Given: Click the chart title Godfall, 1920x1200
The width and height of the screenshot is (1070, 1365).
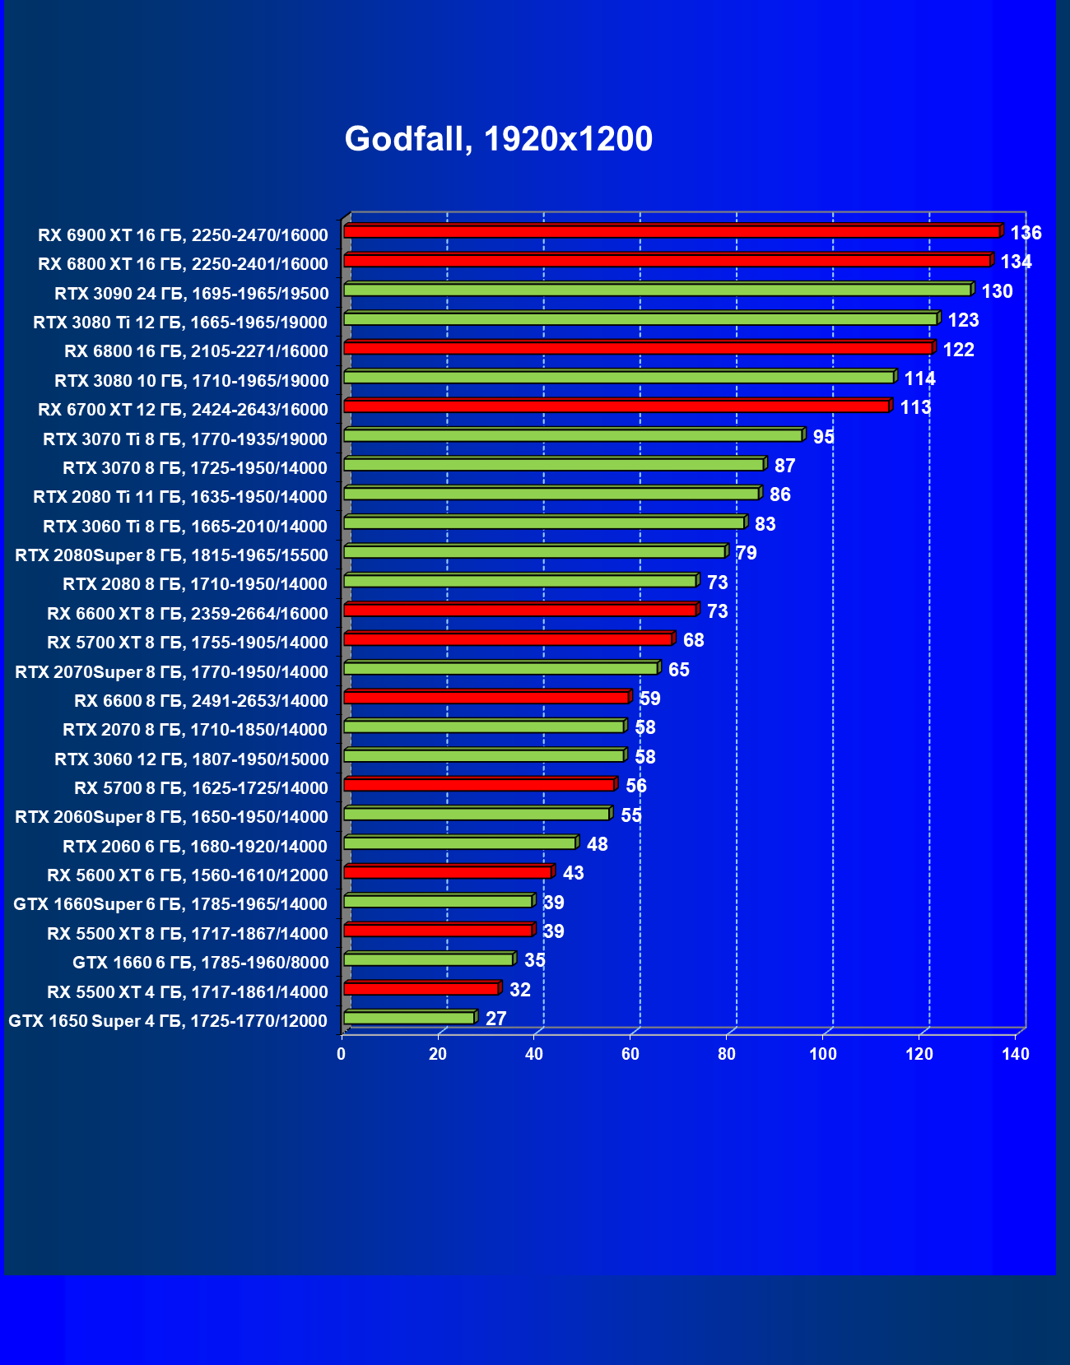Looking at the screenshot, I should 498,139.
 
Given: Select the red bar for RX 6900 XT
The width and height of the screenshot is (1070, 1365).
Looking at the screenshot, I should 671,232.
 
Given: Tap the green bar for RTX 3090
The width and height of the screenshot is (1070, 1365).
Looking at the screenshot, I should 657,290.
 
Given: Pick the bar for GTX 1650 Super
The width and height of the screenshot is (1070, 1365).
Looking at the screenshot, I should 409,1019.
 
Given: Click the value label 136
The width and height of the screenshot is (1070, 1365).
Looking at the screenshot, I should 1026,233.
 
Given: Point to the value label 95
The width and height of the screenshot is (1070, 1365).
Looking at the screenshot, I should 823,437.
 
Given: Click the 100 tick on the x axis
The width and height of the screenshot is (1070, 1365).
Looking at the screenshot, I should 822,1054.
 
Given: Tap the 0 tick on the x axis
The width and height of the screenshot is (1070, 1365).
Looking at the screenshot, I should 342,1054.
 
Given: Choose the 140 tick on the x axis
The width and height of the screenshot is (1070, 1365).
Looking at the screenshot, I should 1016,1054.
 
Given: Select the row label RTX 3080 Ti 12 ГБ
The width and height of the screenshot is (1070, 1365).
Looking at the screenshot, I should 180,323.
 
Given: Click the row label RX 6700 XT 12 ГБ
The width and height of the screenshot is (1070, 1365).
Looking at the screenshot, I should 183,410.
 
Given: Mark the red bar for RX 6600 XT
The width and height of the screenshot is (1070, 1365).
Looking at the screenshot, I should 520,611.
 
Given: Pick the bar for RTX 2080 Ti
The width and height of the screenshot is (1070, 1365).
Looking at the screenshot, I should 551,494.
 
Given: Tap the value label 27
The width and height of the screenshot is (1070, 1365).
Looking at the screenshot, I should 495,1019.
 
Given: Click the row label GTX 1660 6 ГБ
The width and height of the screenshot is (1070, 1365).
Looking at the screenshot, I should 200,963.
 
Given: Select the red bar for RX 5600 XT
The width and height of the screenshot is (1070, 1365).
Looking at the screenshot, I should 447,872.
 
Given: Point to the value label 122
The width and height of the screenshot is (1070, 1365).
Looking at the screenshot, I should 958,350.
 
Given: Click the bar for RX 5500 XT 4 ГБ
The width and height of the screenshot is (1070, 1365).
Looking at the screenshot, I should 421,989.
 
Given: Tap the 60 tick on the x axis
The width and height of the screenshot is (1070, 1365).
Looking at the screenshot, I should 630,1054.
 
